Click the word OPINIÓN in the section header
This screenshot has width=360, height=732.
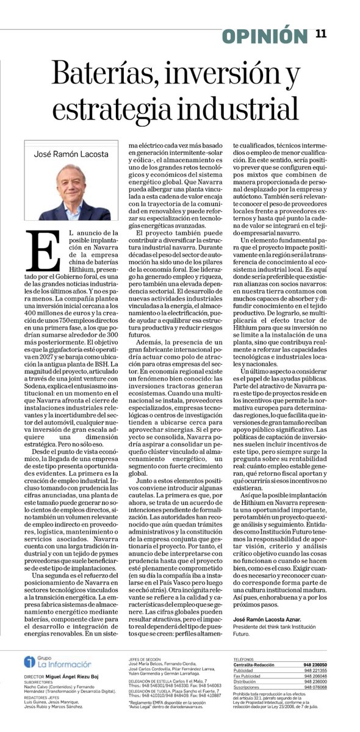[x=265, y=37]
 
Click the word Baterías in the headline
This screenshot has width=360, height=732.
[x=101, y=77]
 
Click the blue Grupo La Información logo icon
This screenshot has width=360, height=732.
[x=28, y=662]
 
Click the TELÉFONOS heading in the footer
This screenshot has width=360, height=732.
[x=248, y=659]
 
